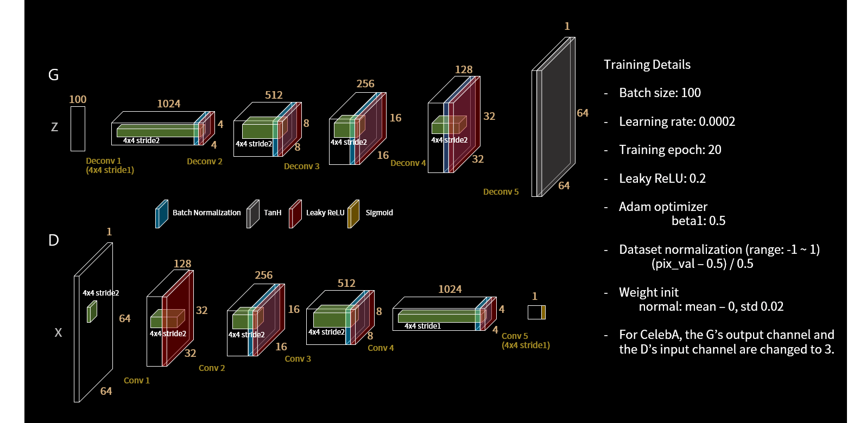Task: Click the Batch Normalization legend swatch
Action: coord(162,214)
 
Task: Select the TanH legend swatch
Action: coord(253,214)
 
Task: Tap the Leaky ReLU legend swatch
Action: coord(295,214)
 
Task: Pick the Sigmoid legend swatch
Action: coord(353,214)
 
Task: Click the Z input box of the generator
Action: coord(78,129)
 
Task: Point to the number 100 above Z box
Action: coord(78,99)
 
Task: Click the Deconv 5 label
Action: coord(501,191)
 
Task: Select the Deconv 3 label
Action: coord(301,166)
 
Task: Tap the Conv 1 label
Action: coord(136,380)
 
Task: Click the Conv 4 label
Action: coord(381,348)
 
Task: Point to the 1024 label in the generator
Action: coord(168,104)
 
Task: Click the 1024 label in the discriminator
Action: coord(450,289)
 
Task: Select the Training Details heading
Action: coord(647,65)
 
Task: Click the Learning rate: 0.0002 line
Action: coord(676,121)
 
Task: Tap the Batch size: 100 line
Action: coord(660,93)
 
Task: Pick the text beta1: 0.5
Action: coord(698,221)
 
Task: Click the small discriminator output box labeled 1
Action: coord(536,312)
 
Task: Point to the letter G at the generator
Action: coord(53,75)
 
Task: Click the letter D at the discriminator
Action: coord(53,240)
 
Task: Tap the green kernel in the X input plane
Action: coord(92,312)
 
